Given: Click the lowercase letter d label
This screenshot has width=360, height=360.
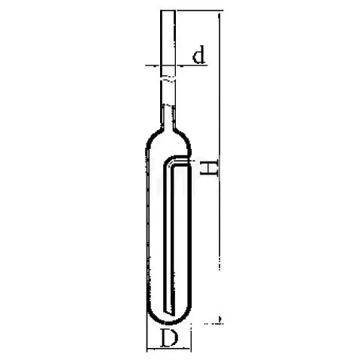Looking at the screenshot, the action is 199,54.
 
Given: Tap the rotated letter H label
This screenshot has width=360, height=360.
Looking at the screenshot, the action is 210,168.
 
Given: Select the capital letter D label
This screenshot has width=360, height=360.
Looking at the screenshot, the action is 170,338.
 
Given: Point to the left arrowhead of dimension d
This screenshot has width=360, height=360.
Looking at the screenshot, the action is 156,65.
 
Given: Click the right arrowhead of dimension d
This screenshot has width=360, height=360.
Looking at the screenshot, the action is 180,65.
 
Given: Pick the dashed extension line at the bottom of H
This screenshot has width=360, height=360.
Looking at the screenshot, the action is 213,323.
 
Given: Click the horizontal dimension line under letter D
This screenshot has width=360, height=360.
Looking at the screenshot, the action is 169,348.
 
